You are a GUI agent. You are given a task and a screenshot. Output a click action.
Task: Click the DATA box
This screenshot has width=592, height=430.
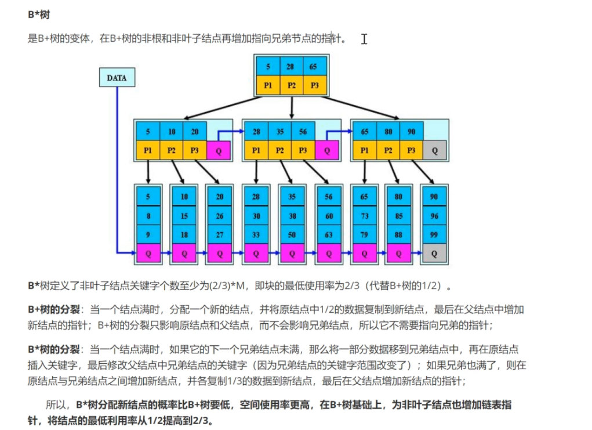[117, 78]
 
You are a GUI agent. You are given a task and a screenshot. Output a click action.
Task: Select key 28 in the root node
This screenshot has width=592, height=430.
[291, 66]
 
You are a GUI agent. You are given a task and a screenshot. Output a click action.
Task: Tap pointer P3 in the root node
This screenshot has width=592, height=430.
[314, 85]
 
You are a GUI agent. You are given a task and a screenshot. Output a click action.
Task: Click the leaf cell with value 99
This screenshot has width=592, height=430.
[434, 234]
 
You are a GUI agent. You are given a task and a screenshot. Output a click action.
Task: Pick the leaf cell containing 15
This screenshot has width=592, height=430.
[184, 215]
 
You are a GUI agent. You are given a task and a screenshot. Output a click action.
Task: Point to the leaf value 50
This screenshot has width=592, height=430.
[292, 234]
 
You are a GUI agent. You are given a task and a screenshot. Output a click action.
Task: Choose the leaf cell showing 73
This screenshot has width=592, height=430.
[364, 215]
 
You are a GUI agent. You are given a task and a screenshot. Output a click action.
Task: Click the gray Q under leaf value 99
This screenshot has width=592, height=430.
[434, 253]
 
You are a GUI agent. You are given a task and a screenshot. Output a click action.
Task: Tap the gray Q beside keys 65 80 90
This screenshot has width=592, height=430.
[434, 150]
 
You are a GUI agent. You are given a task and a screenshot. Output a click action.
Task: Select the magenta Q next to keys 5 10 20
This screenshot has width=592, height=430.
[218, 150]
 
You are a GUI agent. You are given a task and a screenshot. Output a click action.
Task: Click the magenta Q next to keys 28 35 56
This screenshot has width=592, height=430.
[326, 150]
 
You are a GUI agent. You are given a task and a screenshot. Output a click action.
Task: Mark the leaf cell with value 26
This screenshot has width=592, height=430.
[219, 215]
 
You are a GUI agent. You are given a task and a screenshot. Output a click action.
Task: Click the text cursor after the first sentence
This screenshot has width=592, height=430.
[364, 39]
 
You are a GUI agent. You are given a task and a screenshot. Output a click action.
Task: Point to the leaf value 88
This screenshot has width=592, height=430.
[398, 234]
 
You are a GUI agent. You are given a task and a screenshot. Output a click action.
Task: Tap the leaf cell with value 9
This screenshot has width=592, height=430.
[148, 234]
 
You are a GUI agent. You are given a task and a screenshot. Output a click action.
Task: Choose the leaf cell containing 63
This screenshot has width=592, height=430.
[329, 234]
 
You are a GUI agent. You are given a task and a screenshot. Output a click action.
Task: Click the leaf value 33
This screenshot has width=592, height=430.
[256, 234]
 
